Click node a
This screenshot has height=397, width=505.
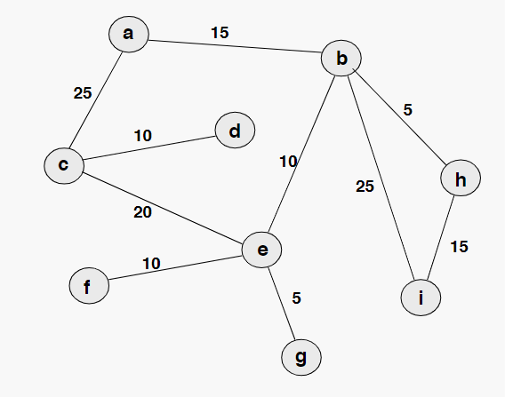(128, 34)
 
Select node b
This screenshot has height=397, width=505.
(342, 60)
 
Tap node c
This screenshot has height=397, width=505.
(63, 164)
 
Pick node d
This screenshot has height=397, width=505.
(235, 131)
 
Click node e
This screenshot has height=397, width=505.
(262, 250)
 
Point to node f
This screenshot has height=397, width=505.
(88, 286)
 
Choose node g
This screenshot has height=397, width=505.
(301, 357)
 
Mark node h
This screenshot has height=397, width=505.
(460, 180)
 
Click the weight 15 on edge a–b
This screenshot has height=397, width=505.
(220, 33)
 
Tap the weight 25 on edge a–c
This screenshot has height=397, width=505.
(83, 92)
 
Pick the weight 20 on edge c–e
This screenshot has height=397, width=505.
(141, 211)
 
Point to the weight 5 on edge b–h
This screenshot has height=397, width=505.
(408, 110)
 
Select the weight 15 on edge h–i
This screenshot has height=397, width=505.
(459, 246)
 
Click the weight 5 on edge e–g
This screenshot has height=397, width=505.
(297, 298)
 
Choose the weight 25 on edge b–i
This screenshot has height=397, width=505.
(365, 187)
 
